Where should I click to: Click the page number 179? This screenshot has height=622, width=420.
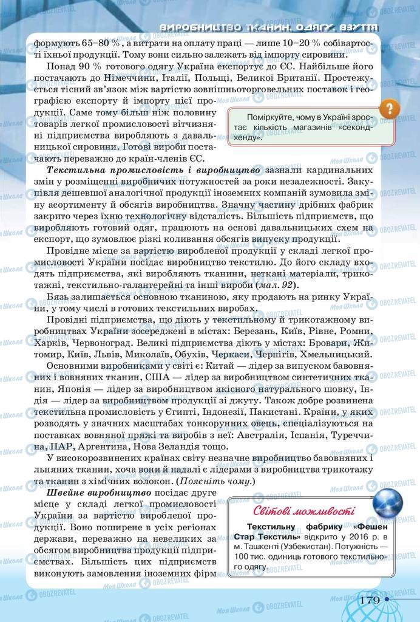(x=369, y=600)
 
